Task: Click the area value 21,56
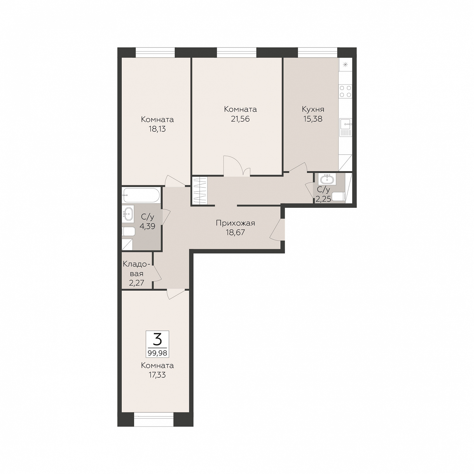[240, 119]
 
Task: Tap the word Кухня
[313, 109]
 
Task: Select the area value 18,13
[157, 129]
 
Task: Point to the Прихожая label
[236, 223]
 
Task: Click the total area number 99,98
[157, 353]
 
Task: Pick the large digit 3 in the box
[157, 339]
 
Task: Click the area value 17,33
[157, 375]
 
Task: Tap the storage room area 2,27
[137, 283]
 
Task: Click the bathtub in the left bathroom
[141, 195]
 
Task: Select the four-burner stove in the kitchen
[345, 91]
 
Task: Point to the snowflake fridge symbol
[346, 65]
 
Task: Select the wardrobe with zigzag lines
[200, 190]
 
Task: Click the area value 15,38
[313, 119]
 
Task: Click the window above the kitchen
[317, 52]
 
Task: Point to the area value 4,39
[147, 226]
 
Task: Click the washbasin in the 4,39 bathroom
[128, 214]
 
